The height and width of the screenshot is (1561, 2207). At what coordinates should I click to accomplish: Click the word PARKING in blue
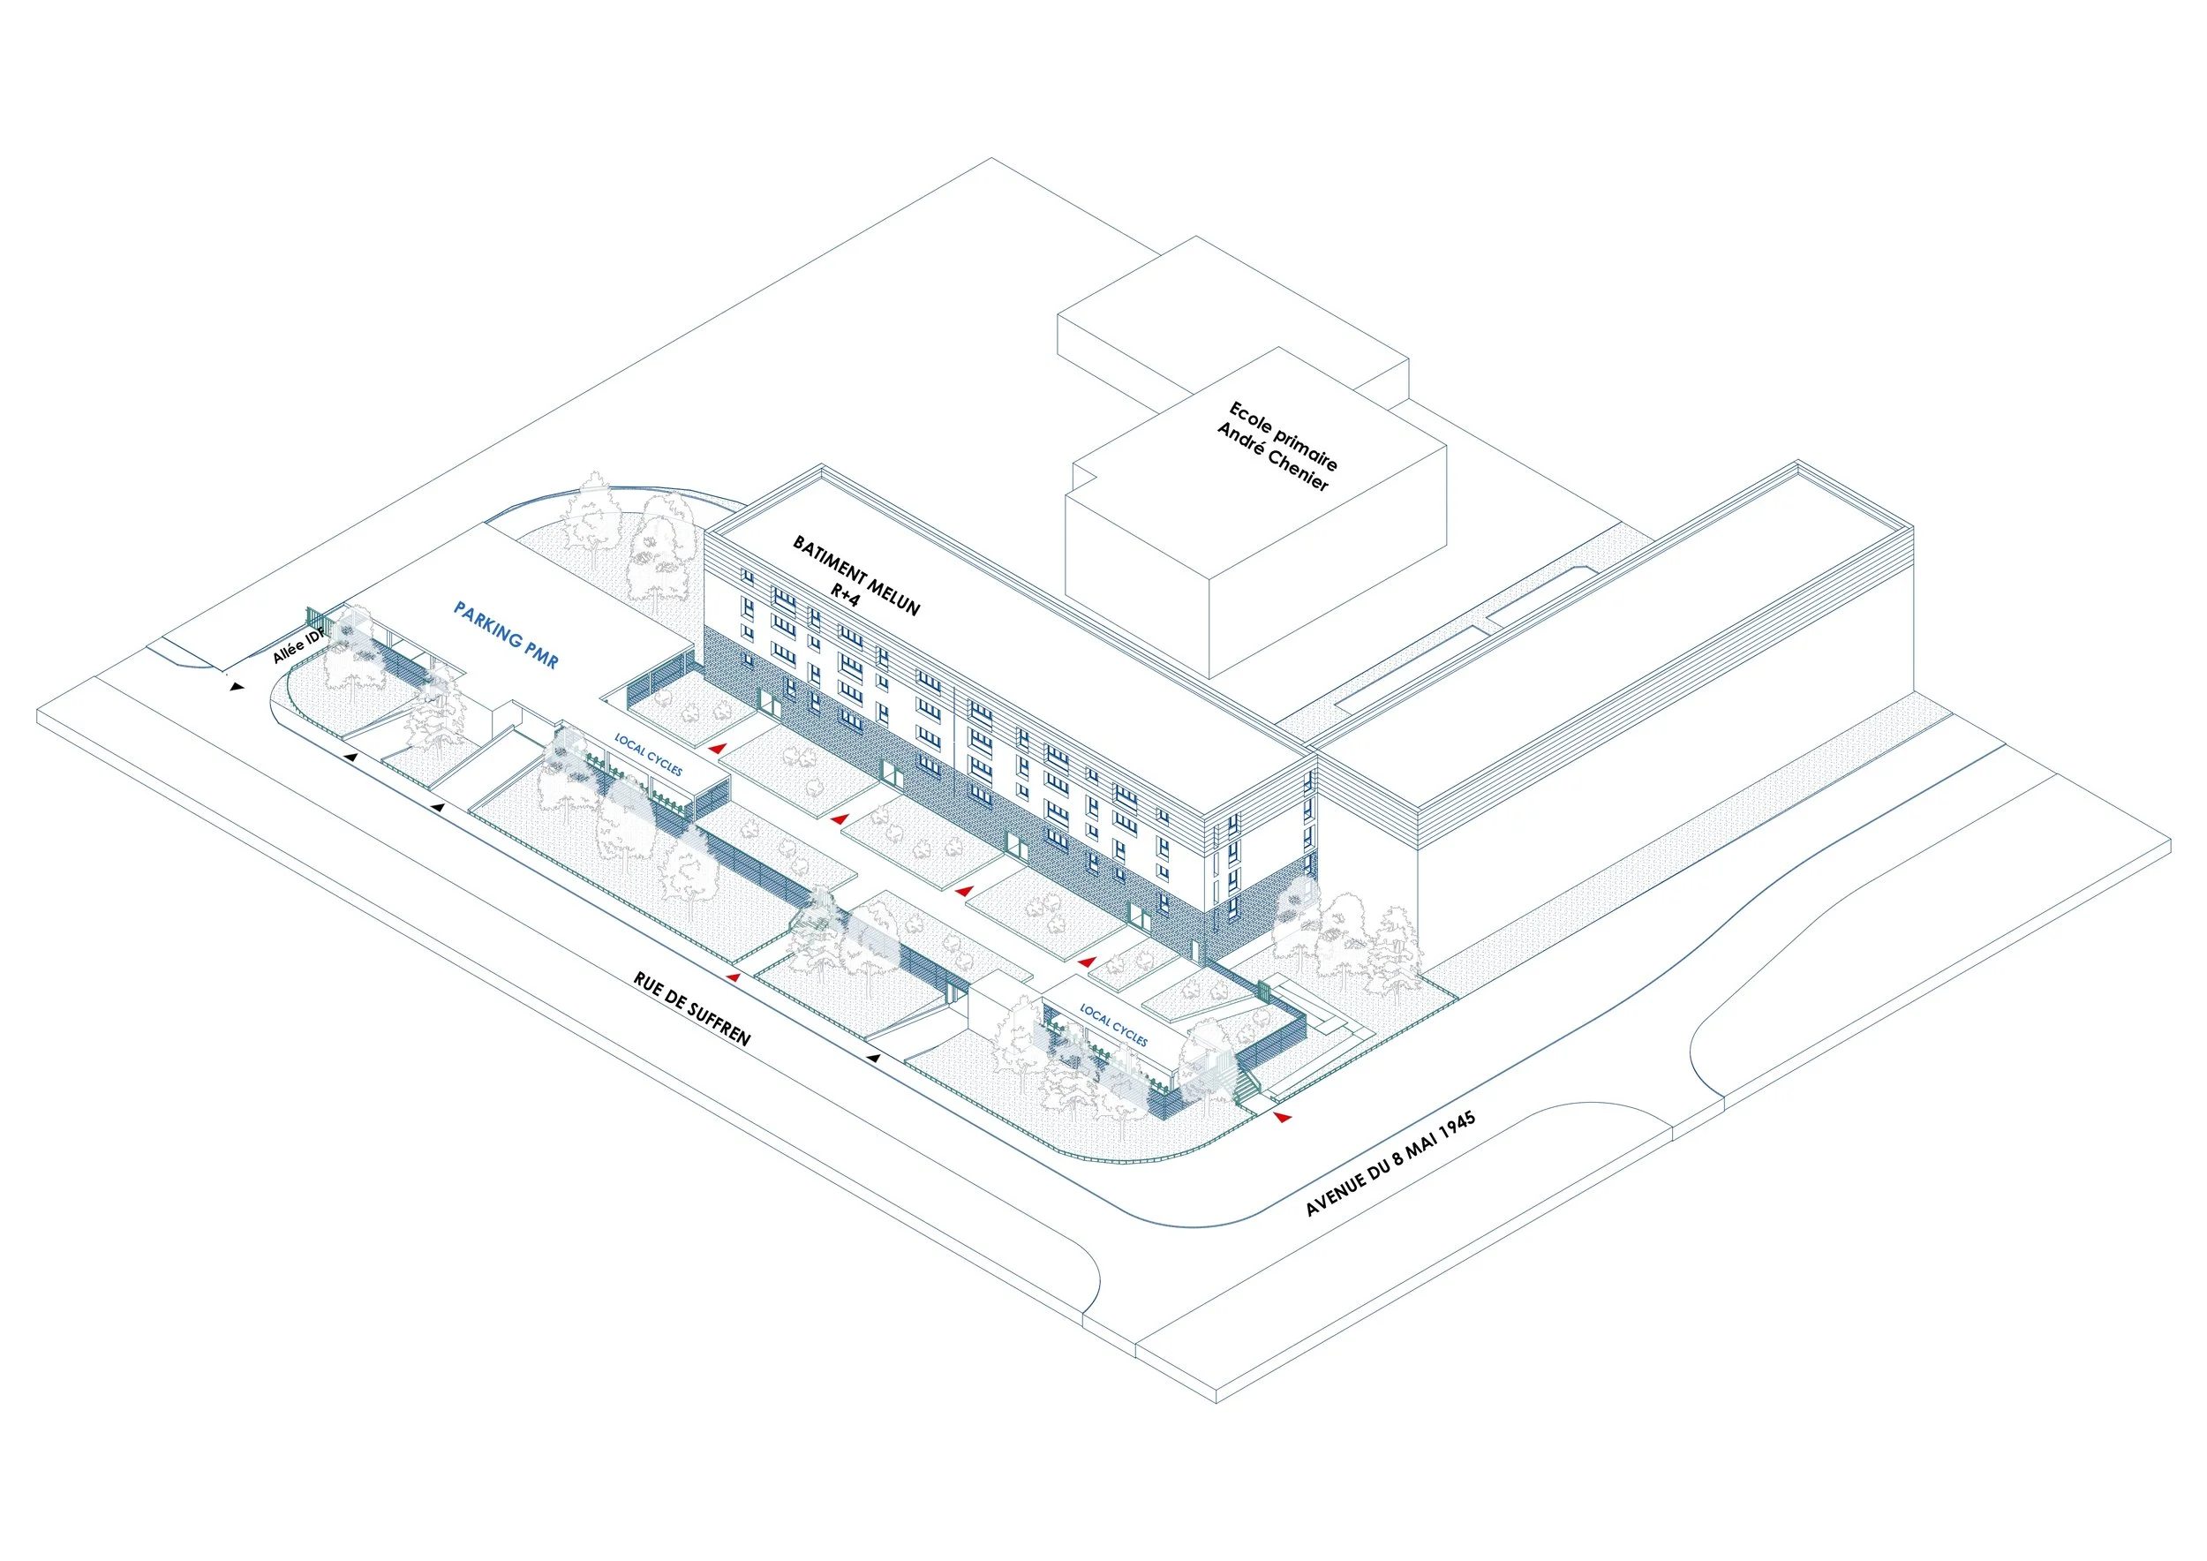click(488, 625)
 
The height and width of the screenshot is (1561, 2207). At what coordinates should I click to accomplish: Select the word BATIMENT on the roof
click(830, 562)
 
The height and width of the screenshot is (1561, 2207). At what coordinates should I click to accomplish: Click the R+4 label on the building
click(845, 595)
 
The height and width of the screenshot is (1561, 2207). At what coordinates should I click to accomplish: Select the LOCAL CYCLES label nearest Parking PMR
click(649, 756)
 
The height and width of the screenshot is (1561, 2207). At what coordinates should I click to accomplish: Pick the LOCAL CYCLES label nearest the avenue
click(1113, 1025)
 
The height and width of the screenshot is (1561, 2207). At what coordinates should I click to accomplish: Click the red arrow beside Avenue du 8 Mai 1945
click(1283, 1117)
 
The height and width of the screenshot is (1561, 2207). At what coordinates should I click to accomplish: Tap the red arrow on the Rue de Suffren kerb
click(734, 977)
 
